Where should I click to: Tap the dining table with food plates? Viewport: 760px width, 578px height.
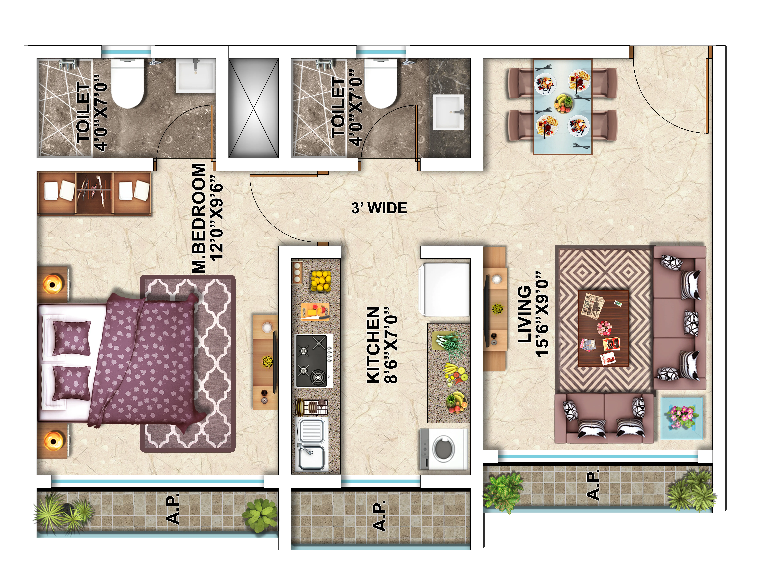562,106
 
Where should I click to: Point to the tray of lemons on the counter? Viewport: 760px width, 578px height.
321,281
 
